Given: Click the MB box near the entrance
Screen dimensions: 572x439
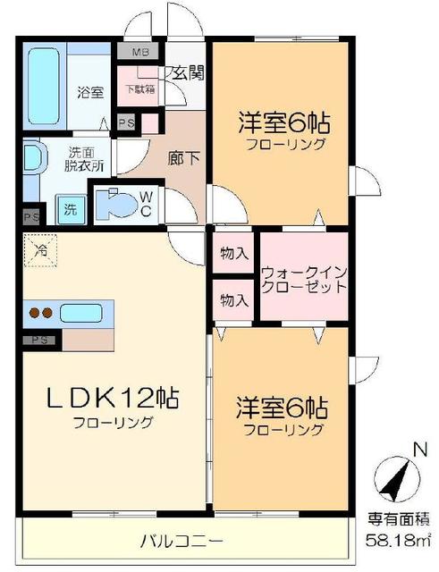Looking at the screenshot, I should pyautogui.click(x=141, y=51).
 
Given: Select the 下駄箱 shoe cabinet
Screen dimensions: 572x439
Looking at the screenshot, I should pyautogui.click(x=138, y=89).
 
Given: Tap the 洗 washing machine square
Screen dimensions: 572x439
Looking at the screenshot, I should pyautogui.click(x=70, y=210).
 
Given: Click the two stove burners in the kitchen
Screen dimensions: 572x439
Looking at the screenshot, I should pyautogui.click(x=40, y=313).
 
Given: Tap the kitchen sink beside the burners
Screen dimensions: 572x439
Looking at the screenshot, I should pyautogui.click(x=82, y=313).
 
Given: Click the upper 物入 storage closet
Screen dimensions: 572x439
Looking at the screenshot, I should pyautogui.click(x=234, y=254).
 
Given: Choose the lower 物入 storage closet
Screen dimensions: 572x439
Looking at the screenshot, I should pyautogui.click(x=234, y=299).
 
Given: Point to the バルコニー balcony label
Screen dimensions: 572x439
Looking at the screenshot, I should pyautogui.click(x=182, y=540).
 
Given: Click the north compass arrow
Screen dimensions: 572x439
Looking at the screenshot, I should pyautogui.click(x=395, y=481).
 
